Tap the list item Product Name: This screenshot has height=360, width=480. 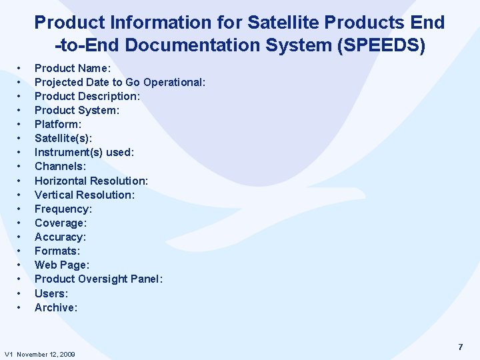tap(72, 68)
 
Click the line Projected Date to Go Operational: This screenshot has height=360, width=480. tap(120, 82)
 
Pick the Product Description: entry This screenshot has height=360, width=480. tap(87, 96)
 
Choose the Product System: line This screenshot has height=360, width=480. tap(77, 110)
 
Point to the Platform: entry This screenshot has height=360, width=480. tap(58, 124)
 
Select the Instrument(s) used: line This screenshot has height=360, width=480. tap(85, 152)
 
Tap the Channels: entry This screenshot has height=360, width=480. tap(60, 166)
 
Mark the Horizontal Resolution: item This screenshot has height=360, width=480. tap(91, 181)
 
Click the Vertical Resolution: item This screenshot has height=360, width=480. tap(85, 195)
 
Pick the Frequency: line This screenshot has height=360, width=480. tap(63, 209)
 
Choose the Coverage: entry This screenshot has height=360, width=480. tap(61, 223)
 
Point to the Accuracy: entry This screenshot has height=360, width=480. tap(60, 237)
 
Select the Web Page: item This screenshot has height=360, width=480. tap(61, 265)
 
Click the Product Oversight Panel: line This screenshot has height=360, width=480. tap(99, 279)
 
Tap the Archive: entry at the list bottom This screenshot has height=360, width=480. tap(56, 307)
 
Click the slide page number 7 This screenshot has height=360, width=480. tap(460, 347)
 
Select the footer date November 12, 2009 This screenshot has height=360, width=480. tap(46, 354)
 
